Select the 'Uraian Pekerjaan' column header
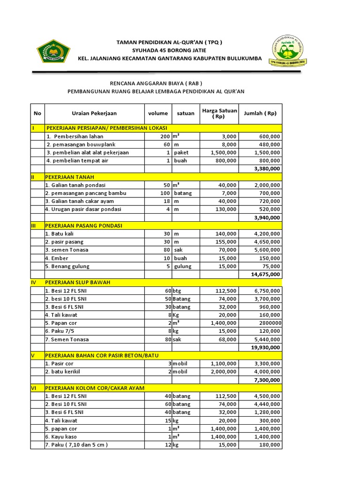[x=94, y=113]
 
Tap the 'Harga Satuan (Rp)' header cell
[x=219, y=113]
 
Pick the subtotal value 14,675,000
[x=266, y=274]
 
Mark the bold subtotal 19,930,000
[x=266, y=347]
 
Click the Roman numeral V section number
[x=33, y=355]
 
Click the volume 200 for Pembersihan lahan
[x=164, y=136]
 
